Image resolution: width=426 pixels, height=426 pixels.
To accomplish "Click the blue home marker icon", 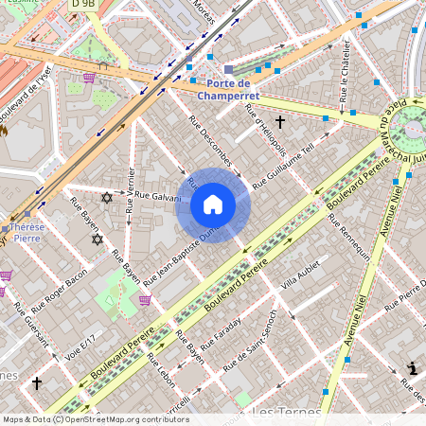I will click(x=213, y=204).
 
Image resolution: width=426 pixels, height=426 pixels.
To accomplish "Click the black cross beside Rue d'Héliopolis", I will click(x=280, y=122).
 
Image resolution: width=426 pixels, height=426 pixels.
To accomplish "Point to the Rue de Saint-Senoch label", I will click(x=259, y=340).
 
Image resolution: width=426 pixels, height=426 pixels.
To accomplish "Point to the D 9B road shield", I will click(x=83, y=5).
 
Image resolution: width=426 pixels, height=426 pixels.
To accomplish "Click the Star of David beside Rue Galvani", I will click(x=106, y=198).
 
